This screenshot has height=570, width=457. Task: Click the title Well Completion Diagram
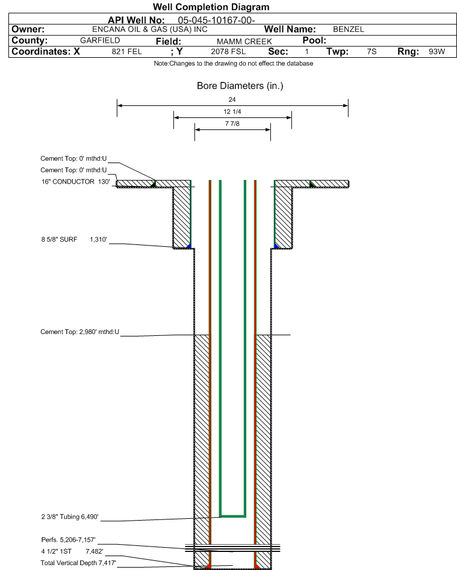[211, 7]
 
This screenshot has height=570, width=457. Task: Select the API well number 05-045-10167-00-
[216, 20]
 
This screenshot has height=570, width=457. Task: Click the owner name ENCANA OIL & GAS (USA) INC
[149, 29]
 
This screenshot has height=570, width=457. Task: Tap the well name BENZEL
[348, 29]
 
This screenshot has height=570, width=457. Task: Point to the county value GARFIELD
[100, 40]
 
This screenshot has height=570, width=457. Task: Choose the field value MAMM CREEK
[244, 42]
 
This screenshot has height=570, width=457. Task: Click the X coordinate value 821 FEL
[126, 52]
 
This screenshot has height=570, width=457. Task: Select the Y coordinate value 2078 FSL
[228, 52]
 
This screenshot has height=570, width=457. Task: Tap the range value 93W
[437, 52]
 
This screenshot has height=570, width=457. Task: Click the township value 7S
[372, 52]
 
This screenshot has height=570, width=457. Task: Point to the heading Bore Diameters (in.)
[240, 86]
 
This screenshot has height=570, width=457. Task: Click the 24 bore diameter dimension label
[232, 99]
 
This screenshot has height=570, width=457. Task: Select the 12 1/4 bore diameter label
[232, 111]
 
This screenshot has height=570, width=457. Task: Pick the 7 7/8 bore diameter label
[232, 123]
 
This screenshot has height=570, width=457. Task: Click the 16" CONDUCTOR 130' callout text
[76, 182]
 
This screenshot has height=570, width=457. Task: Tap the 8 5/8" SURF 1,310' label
[74, 240]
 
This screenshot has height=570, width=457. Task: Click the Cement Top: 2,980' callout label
[79, 332]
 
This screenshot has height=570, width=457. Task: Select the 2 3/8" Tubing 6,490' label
[70, 517]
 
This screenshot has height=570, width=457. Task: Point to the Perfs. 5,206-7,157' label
[69, 540]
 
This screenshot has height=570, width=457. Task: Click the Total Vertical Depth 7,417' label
[78, 563]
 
